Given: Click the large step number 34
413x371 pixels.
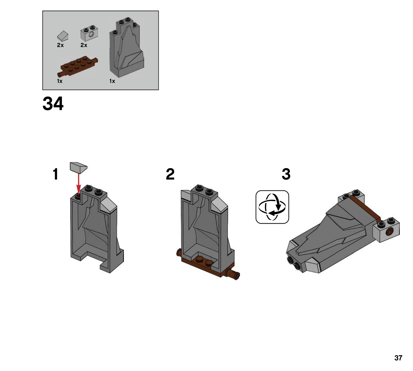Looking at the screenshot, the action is click(53, 104).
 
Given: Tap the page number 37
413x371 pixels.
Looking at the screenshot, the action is click(398, 358).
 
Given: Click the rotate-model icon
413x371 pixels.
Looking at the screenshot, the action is click(272, 207).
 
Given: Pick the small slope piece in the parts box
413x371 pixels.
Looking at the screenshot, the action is click(63, 36).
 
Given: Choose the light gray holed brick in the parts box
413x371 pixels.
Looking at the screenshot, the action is click(89, 33).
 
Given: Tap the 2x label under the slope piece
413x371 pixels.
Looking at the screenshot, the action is click(60, 45).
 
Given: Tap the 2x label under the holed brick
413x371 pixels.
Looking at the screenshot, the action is click(84, 45).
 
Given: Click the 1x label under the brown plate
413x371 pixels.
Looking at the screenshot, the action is click(60, 81).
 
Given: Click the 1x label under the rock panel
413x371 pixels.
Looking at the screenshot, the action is click(112, 81).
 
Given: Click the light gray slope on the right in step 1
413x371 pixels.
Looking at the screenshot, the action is click(108, 206).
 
